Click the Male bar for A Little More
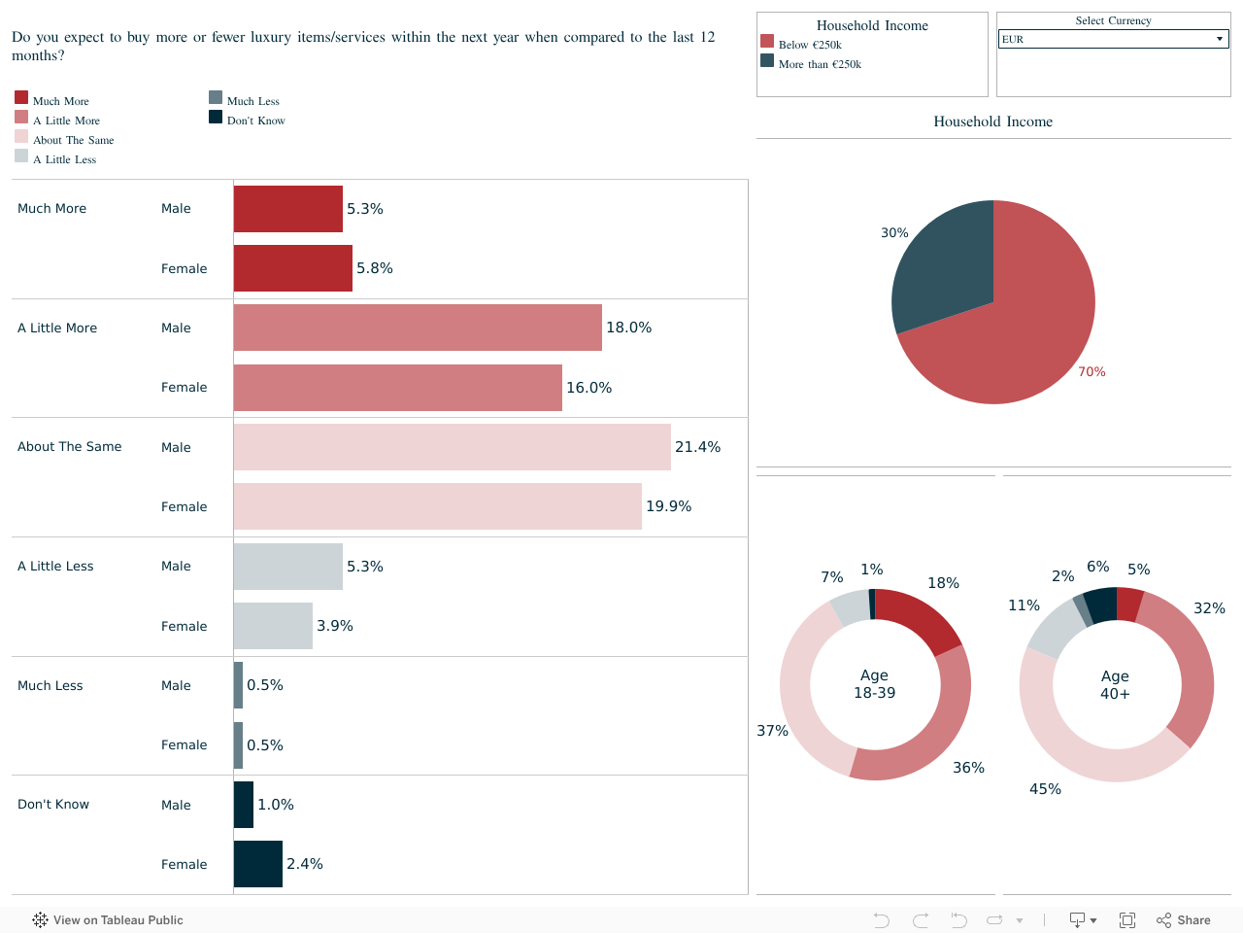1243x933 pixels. pyautogui.click(x=418, y=328)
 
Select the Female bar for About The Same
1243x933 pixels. pyautogui.click(x=437, y=506)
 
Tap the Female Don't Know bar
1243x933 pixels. pyautogui.click(x=258, y=864)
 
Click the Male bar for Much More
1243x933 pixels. pyautogui.click(x=288, y=209)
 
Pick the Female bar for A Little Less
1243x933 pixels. pyautogui.click(x=273, y=626)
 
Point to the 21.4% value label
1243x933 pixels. pyautogui.click(x=697, y=447)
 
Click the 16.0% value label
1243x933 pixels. pyautogui.click(x=588, y=388)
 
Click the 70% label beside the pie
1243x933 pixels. pyautogui.click(x=1092, y=372)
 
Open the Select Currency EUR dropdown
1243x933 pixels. pyautogui.click(x=1113, y=39)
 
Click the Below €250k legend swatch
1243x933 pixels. pyautogui.click(x=767, y=41)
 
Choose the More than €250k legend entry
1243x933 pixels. pyautogui.click(x=820, y=64)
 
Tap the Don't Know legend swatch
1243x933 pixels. pyautogui.click(x=216, y=118)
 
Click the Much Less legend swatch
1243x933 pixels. pyautogui.click(x=216, y=97)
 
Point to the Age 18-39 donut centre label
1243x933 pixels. pyautogui.click(x=874, y=684)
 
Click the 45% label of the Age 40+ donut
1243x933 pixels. pyautogui.click(x=1045, y=789)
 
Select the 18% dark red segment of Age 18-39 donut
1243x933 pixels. pyautogui.click(x=922, y=618)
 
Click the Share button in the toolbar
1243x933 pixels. pyautogui.click(x=1184, y=920)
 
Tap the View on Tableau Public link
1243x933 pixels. pyautogui.click(x=108, y=920)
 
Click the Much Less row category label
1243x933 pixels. pyautogui.click(x=50, y=686)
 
